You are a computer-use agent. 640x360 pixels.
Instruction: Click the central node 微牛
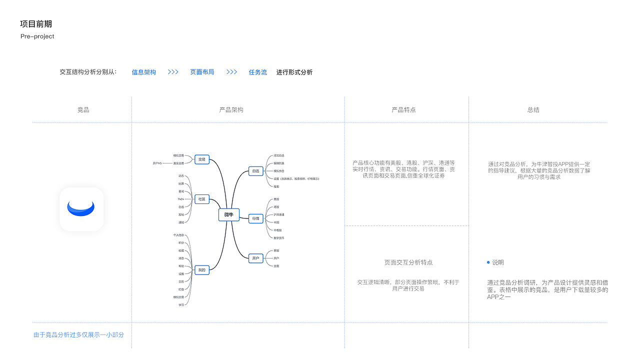[x=228, y=215]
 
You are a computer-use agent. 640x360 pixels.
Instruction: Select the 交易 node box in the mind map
[x=202, y=159]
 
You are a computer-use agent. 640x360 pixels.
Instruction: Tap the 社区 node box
[x=202, y=199]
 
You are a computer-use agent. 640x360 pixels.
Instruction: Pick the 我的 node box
[x=202, y=270]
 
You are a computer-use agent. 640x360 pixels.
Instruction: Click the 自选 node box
[x=255, y=171]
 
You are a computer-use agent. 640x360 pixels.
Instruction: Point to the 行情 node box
[x=255, y=218]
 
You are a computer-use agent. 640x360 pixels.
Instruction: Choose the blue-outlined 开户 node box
[x=255, y=258]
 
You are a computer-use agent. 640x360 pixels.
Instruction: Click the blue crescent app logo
[x=81, y=209]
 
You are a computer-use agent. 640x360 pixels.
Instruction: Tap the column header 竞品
[x=83, y=110]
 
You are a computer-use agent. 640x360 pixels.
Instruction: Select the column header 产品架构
[x=231, y=110]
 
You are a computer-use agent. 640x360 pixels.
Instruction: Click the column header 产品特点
[x=403, y=110]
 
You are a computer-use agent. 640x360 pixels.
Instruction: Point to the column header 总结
[x=533, y=110]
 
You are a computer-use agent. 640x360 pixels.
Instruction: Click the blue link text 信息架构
[x=144, y=72]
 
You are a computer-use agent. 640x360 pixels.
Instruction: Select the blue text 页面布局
[x=202, y=72]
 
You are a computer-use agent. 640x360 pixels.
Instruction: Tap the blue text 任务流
[x=258, y=72]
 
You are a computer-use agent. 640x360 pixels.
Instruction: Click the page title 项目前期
[x=36, y=24]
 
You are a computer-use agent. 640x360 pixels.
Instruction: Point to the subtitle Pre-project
[x=37, y=36]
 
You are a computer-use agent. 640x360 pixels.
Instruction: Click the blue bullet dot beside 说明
[x=488, y=262]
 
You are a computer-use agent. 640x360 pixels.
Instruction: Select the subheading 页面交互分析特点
[x=408, y=262]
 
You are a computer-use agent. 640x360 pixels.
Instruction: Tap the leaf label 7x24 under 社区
[x=180, y=199]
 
